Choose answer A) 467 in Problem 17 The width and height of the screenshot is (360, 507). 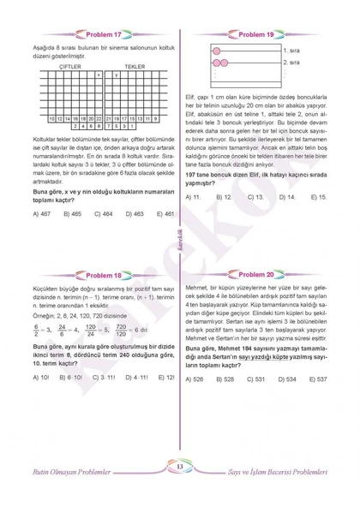click(x=44, y=213)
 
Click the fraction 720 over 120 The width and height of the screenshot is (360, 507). click(x=122, y=329)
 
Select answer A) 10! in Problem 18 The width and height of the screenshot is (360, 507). click(x=42, y=377)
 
